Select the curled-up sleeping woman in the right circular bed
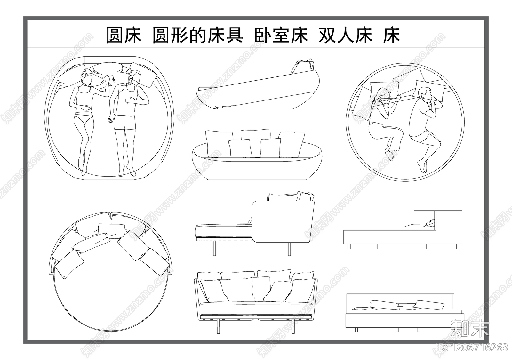[x=384, y=122]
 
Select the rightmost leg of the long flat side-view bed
[x=458, y=246]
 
